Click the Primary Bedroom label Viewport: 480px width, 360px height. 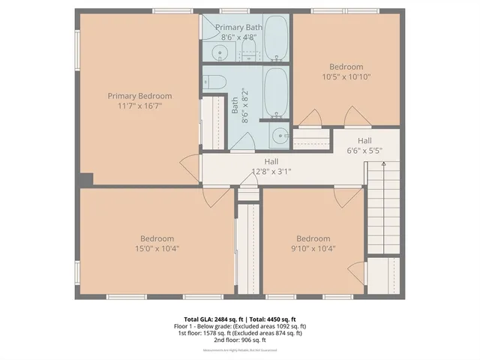139,96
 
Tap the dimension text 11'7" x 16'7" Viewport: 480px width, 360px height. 139,106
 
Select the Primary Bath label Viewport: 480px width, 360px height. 238,27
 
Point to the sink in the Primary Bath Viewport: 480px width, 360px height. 219,52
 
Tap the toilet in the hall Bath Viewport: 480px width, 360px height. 213,81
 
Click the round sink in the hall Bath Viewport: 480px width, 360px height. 279,136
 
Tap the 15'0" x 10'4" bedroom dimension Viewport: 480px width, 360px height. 157,248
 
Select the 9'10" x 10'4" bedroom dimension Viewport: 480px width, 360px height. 313,248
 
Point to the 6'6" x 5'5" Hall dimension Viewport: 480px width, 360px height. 364,150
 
